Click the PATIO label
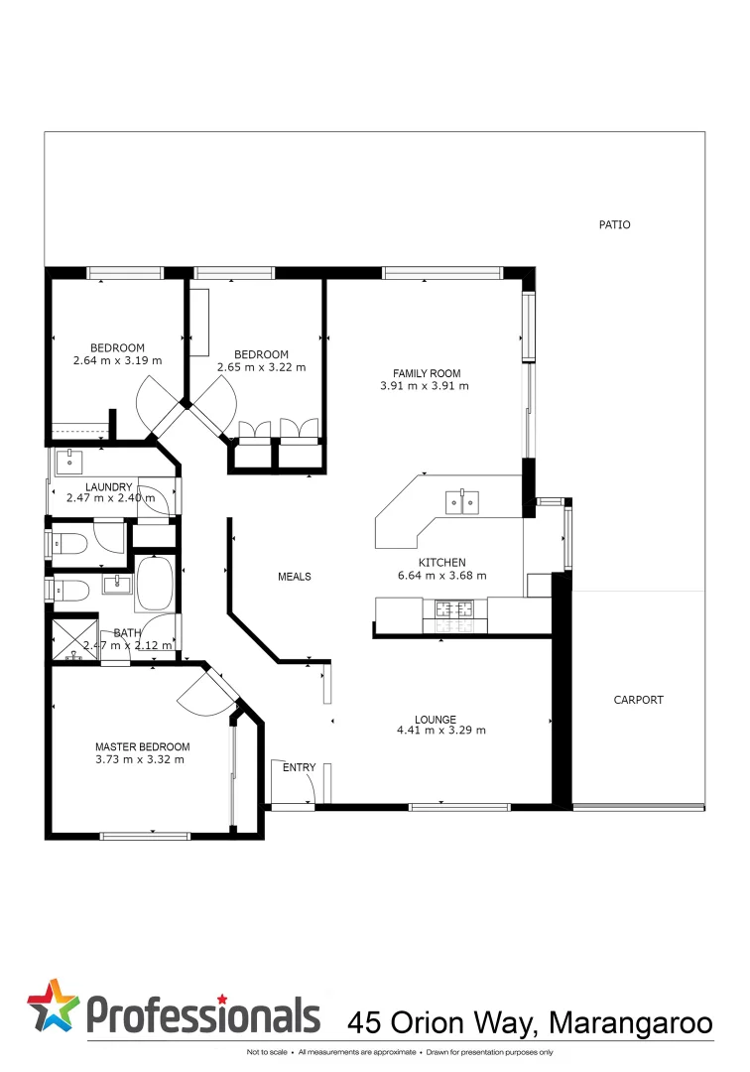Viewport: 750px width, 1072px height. point(614,225)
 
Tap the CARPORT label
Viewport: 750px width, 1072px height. point(638,700)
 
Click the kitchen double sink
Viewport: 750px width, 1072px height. point(462,502)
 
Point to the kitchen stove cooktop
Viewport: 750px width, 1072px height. point(455,614)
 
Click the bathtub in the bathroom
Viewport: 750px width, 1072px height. point(155,583)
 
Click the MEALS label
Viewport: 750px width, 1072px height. point(295,577)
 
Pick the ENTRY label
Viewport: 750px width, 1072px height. point(299,767)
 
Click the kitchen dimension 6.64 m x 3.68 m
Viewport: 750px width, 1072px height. point(441,575)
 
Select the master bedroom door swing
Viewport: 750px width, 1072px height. point(203,693)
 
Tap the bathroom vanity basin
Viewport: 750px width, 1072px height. point(117,584)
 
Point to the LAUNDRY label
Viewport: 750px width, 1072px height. point(109,486)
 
